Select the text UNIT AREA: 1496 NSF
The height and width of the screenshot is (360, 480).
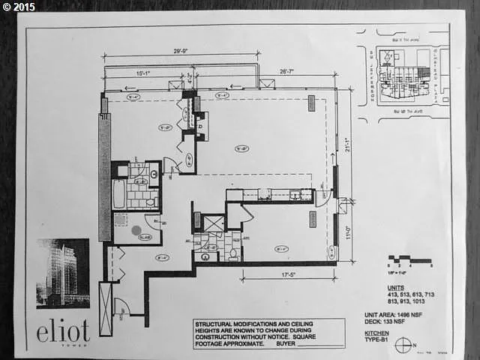point(409,316)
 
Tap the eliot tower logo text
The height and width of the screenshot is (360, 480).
point(64,330)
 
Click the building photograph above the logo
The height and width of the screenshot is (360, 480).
point(62,273)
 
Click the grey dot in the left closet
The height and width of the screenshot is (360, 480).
point(136,231)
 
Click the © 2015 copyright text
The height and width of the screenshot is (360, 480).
point(20,7)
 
